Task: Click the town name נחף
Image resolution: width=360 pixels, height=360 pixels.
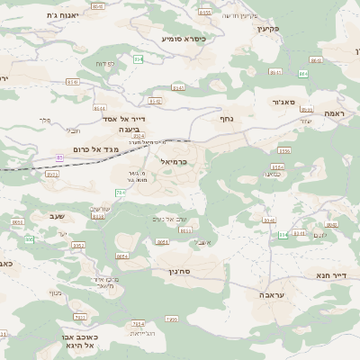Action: (x=227, y=118)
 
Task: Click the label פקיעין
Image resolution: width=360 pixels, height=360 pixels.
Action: (x=269, y=29)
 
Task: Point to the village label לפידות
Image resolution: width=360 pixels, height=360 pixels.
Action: (x=105, y=64)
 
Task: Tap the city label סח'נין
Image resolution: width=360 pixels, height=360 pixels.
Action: (x=180, y=270)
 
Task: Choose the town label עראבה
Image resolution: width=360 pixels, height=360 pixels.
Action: (x=272, y=294)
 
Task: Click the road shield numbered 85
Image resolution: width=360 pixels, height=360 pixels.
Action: (x=60, y=157)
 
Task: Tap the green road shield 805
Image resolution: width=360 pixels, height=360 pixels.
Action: (x=30, y=238)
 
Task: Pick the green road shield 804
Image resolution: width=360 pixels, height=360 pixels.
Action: (x=138, y=59)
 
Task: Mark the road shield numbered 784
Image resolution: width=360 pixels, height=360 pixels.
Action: (x=120, y=192)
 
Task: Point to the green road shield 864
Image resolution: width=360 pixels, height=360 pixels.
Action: (x=302, y=73)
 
